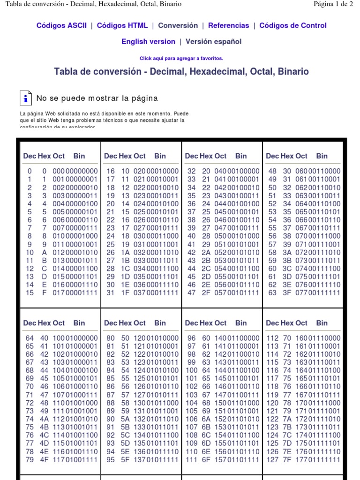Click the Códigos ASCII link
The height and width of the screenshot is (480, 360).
tap(61, 26)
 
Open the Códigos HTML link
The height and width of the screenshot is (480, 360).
tap(122, 26)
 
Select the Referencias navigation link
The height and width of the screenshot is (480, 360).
tap(229, 26)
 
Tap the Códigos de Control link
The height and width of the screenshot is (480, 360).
tap(293, 26)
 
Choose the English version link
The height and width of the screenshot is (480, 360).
tap(148, 42)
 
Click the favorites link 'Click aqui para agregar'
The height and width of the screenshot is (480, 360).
tap(181, 59)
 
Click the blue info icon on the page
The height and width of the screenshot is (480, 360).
tap(26, 98)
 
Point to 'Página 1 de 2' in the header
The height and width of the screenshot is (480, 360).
tap(333, 4)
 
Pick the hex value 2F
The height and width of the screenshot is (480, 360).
tap(206, 293)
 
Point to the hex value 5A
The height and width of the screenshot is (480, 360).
tap(126, 419)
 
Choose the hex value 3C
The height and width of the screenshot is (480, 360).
tap(287, 269)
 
